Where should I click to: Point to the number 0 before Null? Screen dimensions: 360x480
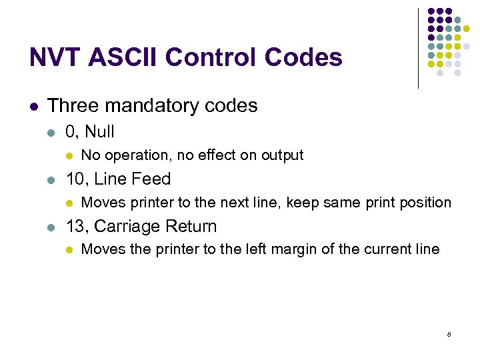click(70, 132)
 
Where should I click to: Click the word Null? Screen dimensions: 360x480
click(100, 132)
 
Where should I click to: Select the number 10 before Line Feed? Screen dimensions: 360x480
click(74, 179)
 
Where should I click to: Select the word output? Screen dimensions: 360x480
click(284, 156)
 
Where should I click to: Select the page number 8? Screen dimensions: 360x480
click(449, 334)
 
